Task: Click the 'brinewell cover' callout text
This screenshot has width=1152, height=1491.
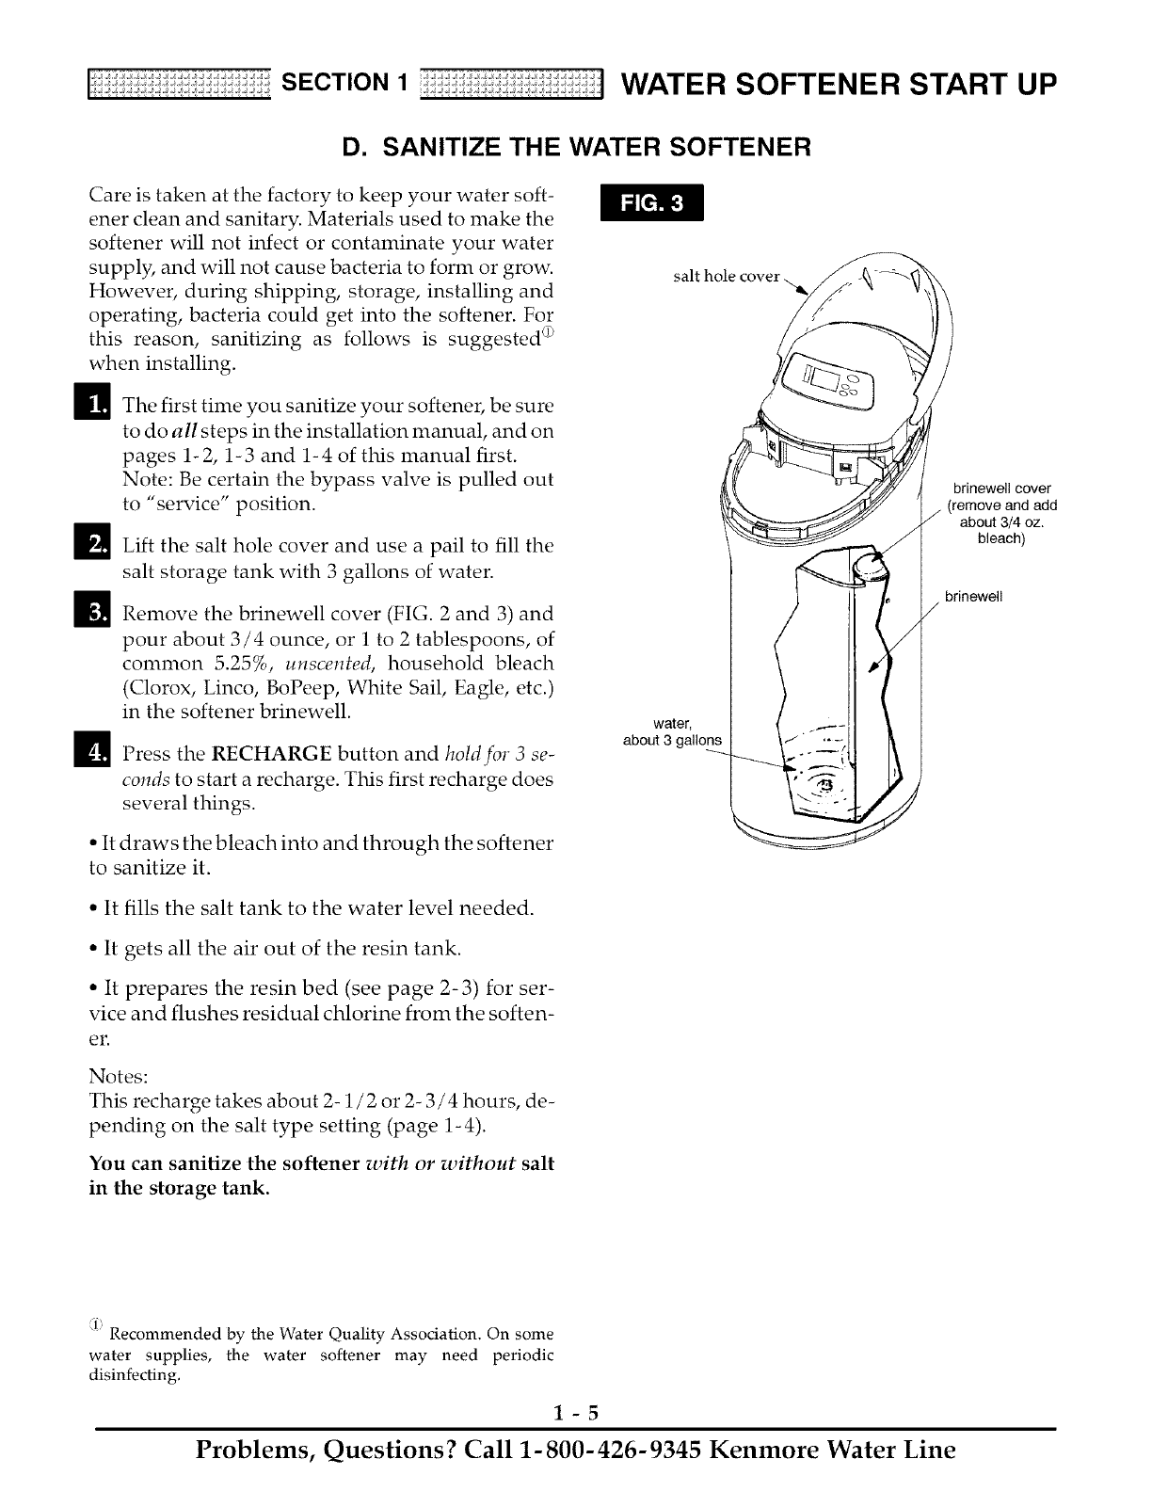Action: coord(995,489)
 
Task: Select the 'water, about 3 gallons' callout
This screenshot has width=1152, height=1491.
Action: coord(673,731)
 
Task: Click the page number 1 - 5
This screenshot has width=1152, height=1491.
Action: coord(576,1412)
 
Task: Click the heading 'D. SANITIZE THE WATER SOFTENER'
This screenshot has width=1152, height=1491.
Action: coord(576,148)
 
